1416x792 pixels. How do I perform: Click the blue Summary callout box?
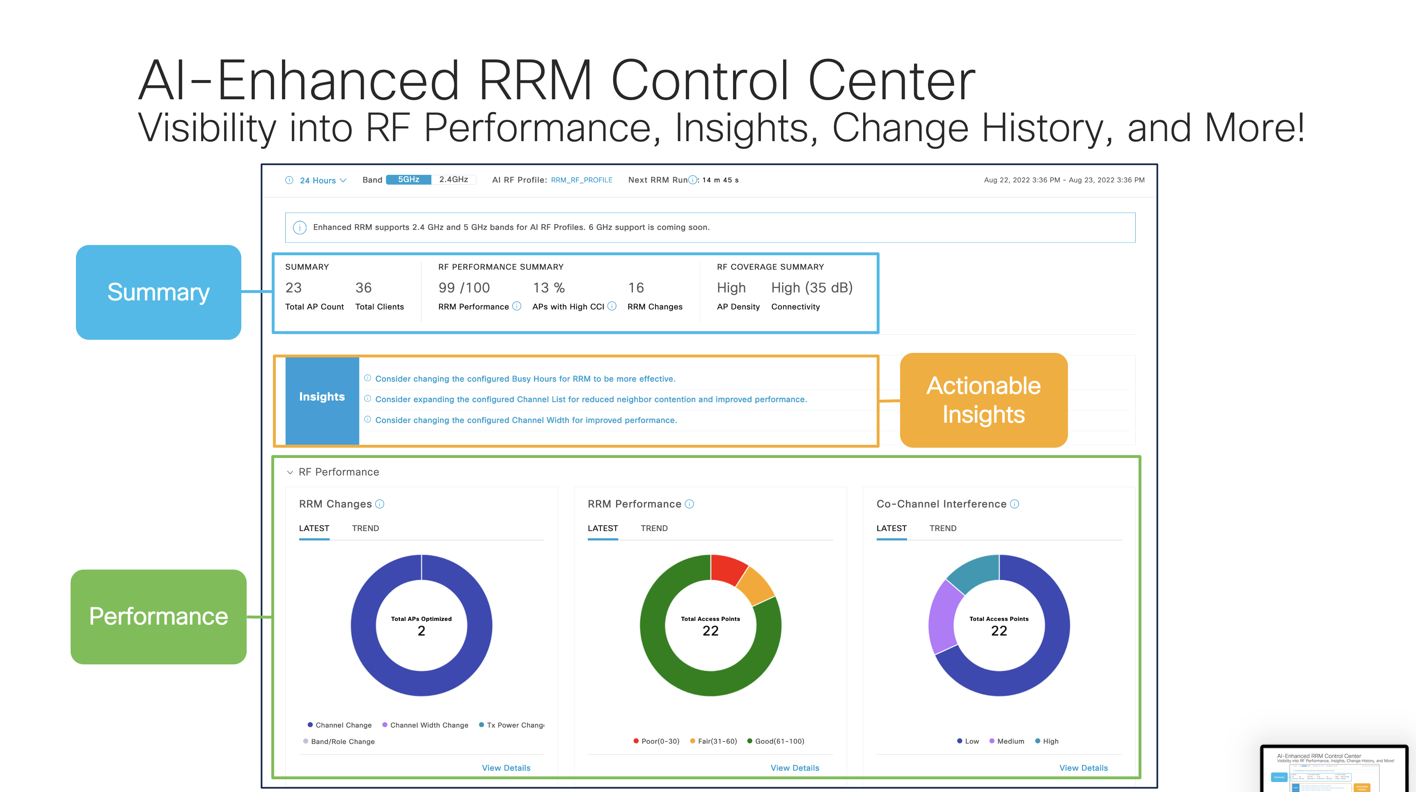tap(158, 292)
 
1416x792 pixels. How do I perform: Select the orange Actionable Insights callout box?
tap(983, 400)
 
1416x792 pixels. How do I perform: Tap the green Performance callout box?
tap(158, 616)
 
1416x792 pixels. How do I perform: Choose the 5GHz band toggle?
tap(408, 180)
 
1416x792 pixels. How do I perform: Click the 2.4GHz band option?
tap(454, 180)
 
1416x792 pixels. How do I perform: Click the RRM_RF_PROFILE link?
tap(581, 180)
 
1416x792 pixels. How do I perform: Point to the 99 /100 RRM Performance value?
tap(463, 288)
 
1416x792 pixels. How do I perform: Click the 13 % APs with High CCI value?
tap(549, 288)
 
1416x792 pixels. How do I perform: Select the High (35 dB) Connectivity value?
tap(811, 288)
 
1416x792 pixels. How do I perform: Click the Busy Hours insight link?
tap(525, 379)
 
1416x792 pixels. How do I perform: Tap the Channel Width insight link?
tap(525, 420)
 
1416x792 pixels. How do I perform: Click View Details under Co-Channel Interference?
tap(1083, 768)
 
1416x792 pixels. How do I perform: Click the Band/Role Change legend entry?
tap(342, 742)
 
